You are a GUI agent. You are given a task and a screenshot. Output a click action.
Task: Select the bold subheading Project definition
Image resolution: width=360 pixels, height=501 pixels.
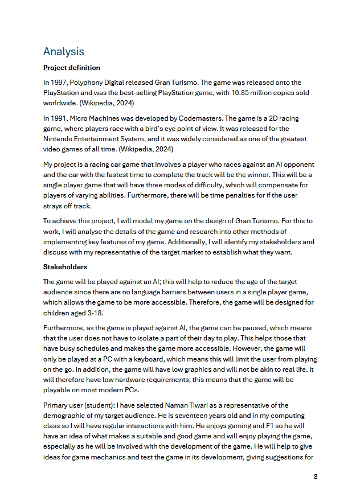72,68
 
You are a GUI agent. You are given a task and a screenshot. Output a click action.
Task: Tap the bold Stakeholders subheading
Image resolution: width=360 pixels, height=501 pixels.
66,266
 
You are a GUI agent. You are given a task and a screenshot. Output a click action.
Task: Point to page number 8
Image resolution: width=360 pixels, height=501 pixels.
316,477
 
